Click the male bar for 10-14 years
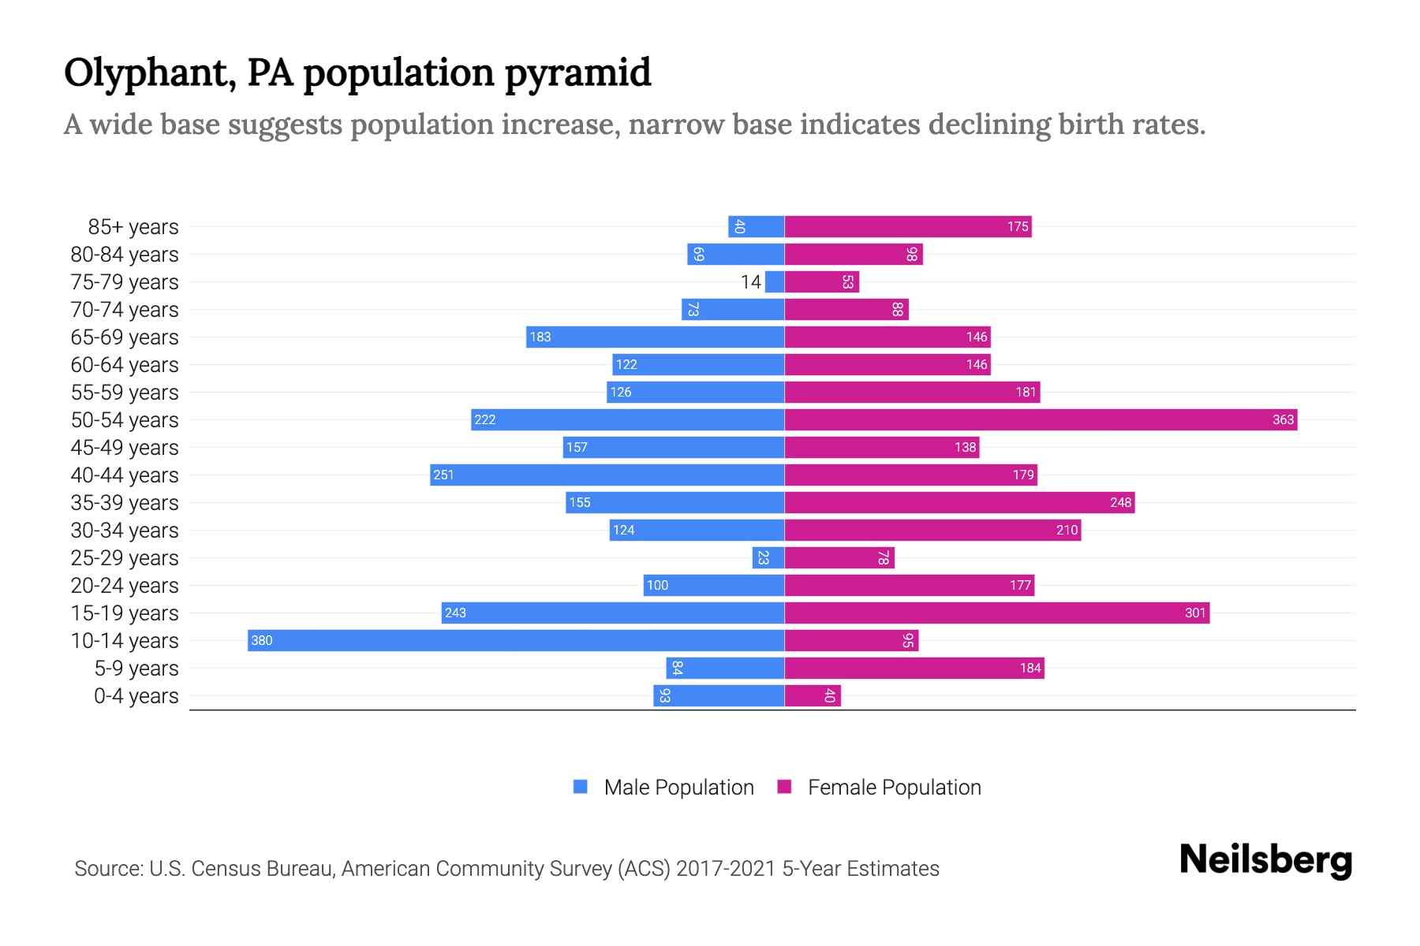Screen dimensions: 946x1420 click(x=516, y=640)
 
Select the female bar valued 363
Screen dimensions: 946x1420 click(x=1041, y=419)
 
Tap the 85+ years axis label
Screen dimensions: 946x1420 click(x=133, y=227)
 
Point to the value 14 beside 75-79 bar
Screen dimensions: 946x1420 click(x=750, y=281)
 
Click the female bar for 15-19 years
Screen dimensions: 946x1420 click(x=997, y=613)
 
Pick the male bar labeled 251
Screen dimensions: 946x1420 click(x=607, y=475)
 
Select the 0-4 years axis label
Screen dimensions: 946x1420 click(x=136, y=696)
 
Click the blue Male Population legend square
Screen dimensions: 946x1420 click(x=581, y=787)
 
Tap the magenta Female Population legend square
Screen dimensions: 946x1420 click(x=784, y=787)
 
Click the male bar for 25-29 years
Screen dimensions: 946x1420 click(x=768, y=557)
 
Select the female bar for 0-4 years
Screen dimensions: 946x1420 click(x=813, y=695)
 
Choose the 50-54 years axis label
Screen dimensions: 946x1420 click(x=125, y=420)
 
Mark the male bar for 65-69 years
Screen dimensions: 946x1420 click(x=655, y=337)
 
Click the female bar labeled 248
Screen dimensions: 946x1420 click(x=959, y=502)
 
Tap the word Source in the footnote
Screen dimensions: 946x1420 click(x=107, y=869)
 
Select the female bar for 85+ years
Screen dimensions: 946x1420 click(x=908, y=226)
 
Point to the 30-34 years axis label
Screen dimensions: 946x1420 click(x=125, y=531)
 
